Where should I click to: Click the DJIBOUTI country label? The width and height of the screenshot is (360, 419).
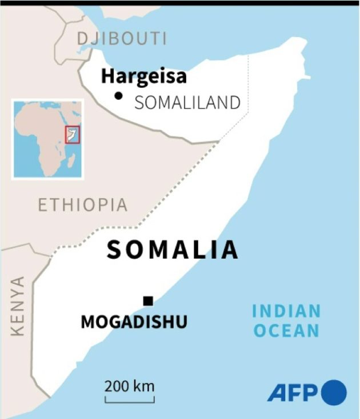coord(122,39)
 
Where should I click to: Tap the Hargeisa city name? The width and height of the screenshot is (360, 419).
coord(144,76)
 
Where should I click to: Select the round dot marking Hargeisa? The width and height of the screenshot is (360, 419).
coord(118,95)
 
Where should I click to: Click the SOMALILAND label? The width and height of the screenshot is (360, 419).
coord(187,103)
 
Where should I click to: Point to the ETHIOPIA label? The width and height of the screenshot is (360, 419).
coord(83,205)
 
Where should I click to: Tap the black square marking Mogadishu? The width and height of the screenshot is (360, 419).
coord(148,301)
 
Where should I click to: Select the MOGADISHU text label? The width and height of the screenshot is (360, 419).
coord(134,322)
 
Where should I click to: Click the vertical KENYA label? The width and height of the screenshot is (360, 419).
coord(18,306)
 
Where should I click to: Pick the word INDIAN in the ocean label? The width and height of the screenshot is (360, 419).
coord(286,312)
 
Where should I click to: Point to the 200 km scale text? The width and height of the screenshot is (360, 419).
coord(129,385)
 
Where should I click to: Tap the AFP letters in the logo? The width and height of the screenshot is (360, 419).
coord(293,393)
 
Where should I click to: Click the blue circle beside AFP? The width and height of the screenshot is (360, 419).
coord(334,393)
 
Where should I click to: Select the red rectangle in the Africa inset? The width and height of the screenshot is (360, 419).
coord(73,134)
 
